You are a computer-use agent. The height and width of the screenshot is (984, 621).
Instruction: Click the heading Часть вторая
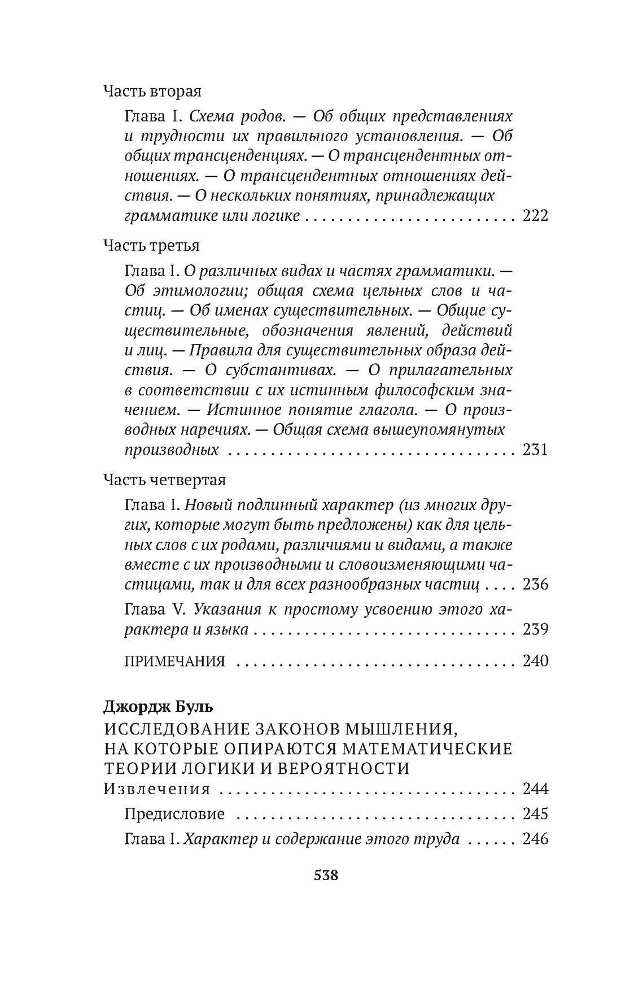152,92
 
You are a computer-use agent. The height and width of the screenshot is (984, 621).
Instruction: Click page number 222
536,216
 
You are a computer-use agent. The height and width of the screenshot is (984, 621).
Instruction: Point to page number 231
536,450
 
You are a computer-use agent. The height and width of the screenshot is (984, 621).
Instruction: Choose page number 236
536,584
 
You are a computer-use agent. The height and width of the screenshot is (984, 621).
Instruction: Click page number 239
536,629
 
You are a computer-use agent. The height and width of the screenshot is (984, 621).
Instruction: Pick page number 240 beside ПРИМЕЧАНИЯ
536,661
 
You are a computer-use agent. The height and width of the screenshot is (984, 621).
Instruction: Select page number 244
536,789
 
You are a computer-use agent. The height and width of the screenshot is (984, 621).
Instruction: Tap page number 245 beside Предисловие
536,813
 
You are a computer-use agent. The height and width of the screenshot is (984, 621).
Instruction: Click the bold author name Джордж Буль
151,707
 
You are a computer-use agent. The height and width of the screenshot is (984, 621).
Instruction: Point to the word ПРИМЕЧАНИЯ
174,661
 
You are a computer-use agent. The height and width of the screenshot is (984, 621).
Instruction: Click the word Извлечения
157,789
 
